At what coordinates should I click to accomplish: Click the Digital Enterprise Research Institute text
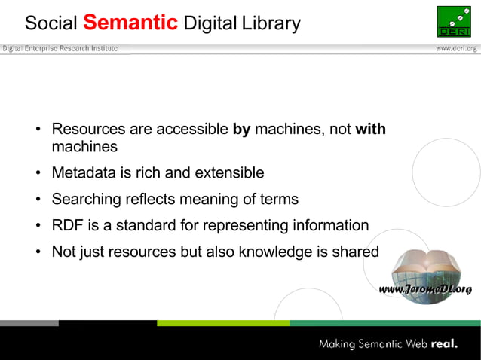60,48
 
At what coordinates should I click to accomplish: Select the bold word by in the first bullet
241,130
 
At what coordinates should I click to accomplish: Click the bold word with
370,130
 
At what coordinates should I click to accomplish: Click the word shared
356,252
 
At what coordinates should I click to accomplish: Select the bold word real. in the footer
444,345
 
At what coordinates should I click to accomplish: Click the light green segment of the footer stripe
222,323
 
